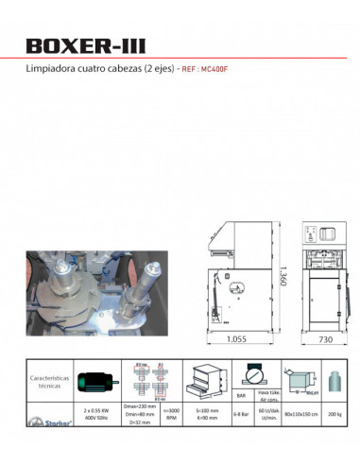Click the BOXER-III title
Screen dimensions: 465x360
point(87,46)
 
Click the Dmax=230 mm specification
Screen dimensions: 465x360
point(141,407)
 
